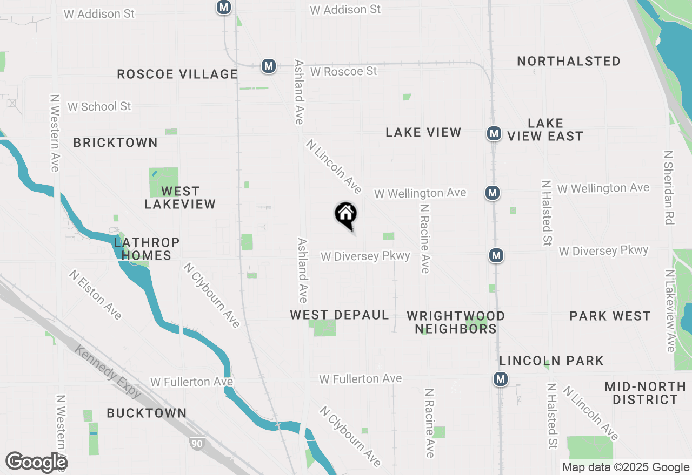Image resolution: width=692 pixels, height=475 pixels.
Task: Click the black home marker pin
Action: click(346, 215)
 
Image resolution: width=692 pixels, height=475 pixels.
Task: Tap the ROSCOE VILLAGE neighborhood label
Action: click(177, 74)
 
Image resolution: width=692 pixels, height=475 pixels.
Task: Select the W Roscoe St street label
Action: click(343, 71)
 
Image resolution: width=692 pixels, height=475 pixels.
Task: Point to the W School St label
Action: click(99, 106)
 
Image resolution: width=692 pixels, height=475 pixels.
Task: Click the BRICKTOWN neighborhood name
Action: click(115, 142)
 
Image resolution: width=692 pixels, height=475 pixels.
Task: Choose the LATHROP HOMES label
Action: click(147, 249)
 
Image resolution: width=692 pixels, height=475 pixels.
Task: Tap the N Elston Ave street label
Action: click(96, 295)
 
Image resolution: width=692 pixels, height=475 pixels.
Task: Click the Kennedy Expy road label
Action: click(108, 371)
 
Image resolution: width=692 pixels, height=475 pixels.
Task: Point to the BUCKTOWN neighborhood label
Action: click(147, 413)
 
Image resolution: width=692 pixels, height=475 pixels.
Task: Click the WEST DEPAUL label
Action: click(340, 315)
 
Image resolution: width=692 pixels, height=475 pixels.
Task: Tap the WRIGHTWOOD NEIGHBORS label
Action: click(456, 322)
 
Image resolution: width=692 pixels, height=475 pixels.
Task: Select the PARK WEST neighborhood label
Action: click(610, 316)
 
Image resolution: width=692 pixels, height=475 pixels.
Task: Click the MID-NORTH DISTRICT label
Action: click(645, 393)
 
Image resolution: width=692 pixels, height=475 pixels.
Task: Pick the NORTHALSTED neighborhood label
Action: click(569, 61)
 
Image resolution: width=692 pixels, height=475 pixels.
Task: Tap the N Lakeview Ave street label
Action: click(670, 311)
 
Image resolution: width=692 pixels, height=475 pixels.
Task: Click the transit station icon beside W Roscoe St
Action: click(268, 66)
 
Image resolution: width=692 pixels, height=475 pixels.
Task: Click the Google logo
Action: click(36, 462)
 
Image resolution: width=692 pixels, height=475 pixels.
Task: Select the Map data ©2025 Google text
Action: click(626, 467)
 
